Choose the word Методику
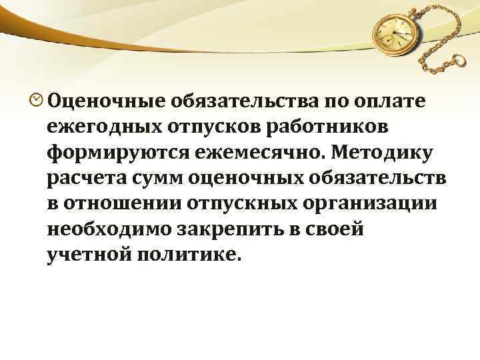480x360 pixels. pyautogui.click(x=386, y=153)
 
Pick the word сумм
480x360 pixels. pyautogui.click(x=158, y=179)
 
